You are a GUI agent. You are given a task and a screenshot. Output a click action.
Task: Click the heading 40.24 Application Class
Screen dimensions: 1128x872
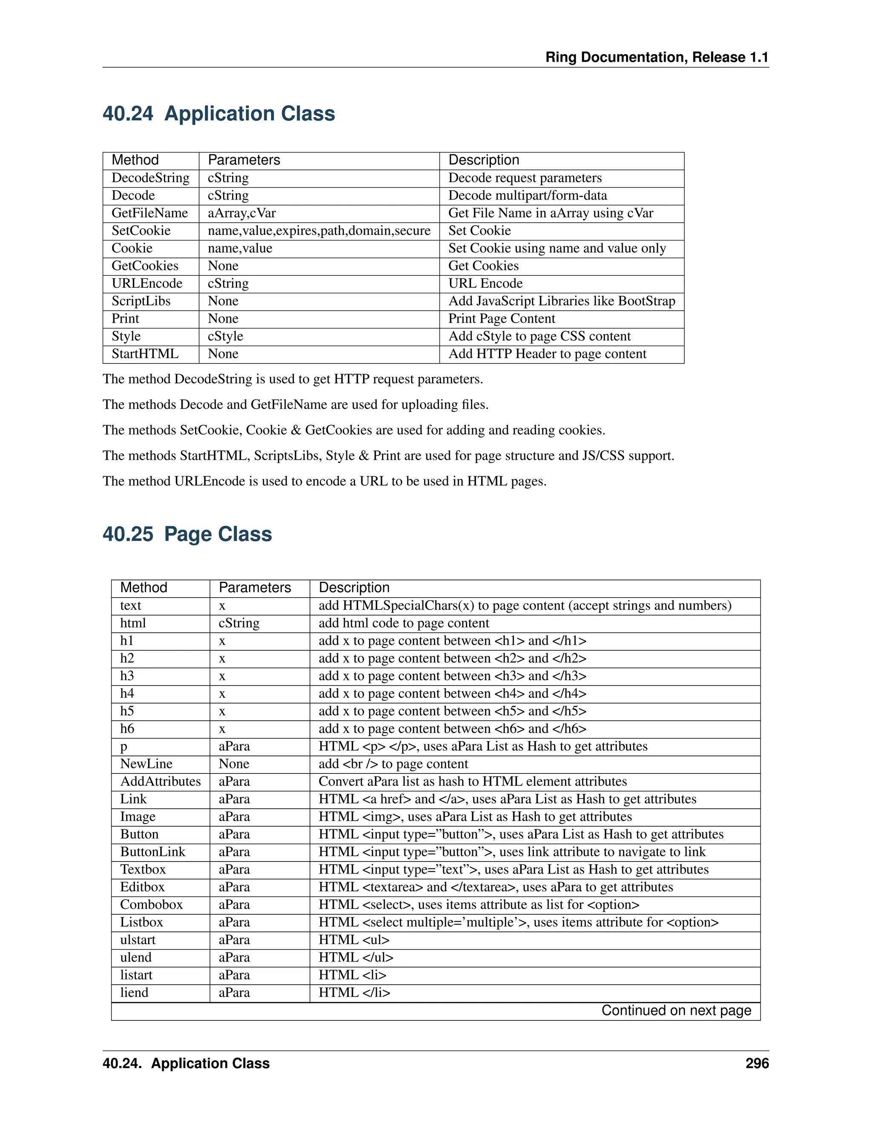click(218, 114)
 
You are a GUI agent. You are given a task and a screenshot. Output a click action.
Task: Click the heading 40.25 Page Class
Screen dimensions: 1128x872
click(187, 534)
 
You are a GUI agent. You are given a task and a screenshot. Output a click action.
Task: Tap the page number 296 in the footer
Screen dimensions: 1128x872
click(757, 1063)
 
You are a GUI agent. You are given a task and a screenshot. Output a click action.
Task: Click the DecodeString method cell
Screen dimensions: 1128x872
click(150, 178)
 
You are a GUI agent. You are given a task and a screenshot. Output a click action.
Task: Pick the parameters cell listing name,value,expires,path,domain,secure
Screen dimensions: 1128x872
click(319, 231)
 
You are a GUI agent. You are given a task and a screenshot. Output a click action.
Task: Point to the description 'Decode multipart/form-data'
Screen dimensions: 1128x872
click(528, 196)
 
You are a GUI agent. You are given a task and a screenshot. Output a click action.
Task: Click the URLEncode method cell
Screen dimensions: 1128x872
click(147, 283)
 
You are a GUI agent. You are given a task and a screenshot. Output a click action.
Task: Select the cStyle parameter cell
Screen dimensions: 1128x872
click(225, 336)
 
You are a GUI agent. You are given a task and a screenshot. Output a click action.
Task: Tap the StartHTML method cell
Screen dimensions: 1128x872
click(145, 354)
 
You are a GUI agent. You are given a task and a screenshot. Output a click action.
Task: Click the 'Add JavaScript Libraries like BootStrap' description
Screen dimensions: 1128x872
click(562, 301)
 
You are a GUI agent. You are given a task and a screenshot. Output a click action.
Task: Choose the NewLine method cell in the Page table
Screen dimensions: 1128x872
click(146, 764)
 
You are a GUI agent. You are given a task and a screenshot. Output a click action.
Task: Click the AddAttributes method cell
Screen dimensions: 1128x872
click(160, 782)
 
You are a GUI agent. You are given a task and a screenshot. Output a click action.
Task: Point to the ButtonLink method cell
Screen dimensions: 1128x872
click(152, 852)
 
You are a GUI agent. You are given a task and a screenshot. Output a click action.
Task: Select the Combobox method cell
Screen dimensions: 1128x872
click(151, 905)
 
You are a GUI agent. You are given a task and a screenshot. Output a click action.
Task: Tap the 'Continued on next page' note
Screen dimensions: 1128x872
click(676, 1011)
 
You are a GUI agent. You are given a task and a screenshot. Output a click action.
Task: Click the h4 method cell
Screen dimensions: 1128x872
click(127, 694)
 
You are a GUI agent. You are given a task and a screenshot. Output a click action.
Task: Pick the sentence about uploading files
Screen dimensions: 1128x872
click(295, 404)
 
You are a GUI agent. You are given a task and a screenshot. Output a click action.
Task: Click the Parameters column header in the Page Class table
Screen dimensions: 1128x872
click(255, 588)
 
